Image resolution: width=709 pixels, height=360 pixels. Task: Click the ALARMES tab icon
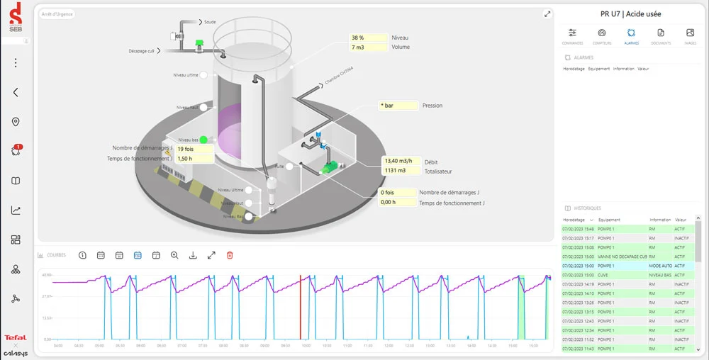[631, 33]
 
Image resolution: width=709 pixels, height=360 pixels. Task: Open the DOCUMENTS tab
[661, 33]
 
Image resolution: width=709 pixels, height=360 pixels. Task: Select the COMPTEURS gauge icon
[602, 33]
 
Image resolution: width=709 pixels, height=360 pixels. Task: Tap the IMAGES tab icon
[691, 33]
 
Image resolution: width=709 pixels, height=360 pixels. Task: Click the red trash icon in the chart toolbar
[230, 255]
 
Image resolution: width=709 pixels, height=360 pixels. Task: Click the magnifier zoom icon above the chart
[174, 255]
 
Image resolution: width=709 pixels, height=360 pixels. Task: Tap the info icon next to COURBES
[82, 255]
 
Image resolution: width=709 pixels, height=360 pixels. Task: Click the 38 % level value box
[368, 38]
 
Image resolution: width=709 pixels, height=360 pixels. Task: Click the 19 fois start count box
[194, 149]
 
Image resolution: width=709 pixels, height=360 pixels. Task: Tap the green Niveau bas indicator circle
[203, 140]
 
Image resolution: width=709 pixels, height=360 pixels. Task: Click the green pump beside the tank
[330, 168]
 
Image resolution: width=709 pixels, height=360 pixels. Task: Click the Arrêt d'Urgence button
[57, 13]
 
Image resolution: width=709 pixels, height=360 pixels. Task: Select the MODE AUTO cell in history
[660, 266]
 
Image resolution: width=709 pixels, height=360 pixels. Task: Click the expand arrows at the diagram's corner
[547, 13]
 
